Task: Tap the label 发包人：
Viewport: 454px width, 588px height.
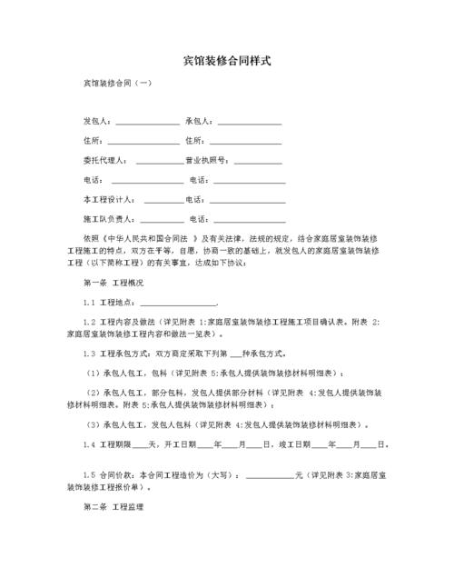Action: (x=98, y=121)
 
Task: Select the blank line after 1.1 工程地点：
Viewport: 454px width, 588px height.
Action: (x=178, y=304)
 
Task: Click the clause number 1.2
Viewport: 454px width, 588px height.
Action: (x=89, y=322)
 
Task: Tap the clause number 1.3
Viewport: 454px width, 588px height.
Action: (x=89, y=353)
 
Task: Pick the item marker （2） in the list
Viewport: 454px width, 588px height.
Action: (x=92, y=393)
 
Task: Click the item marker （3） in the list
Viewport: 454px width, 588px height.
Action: (x=92, y=424)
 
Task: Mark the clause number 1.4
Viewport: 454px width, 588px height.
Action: (x=89, y=444)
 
